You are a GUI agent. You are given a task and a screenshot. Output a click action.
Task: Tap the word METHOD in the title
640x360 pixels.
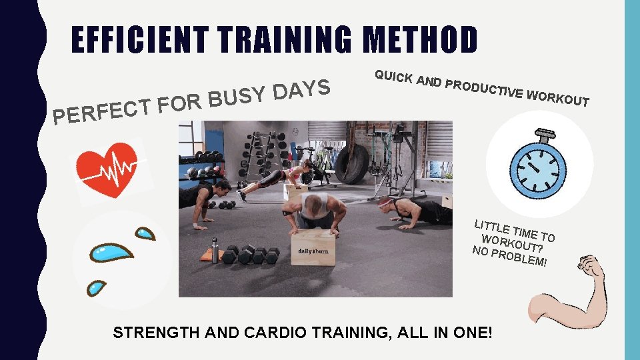pyautogui.click(x=419, y=40)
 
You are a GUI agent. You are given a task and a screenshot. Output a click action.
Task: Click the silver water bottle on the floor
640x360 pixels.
pyautogui.click(x=215, y=251)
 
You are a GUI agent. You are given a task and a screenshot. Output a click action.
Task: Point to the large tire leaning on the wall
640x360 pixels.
pyautogui.click(x=352, y=159)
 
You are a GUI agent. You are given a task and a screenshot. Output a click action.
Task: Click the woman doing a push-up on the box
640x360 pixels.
pyautogui.click(x=280, y=177)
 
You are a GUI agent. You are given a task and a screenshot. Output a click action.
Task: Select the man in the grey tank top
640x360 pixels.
pyautogui.click(x=313, y=210)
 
